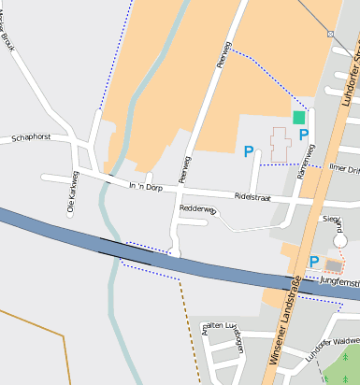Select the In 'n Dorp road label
pos(145,187)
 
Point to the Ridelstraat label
pos(252,197)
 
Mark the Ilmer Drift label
pos(345,169)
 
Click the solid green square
pos(298,118)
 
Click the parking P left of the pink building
pos(249,150)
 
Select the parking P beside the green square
pos(304,135)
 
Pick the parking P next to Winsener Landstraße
pos(314,262)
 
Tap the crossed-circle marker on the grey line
pos(330,34)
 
